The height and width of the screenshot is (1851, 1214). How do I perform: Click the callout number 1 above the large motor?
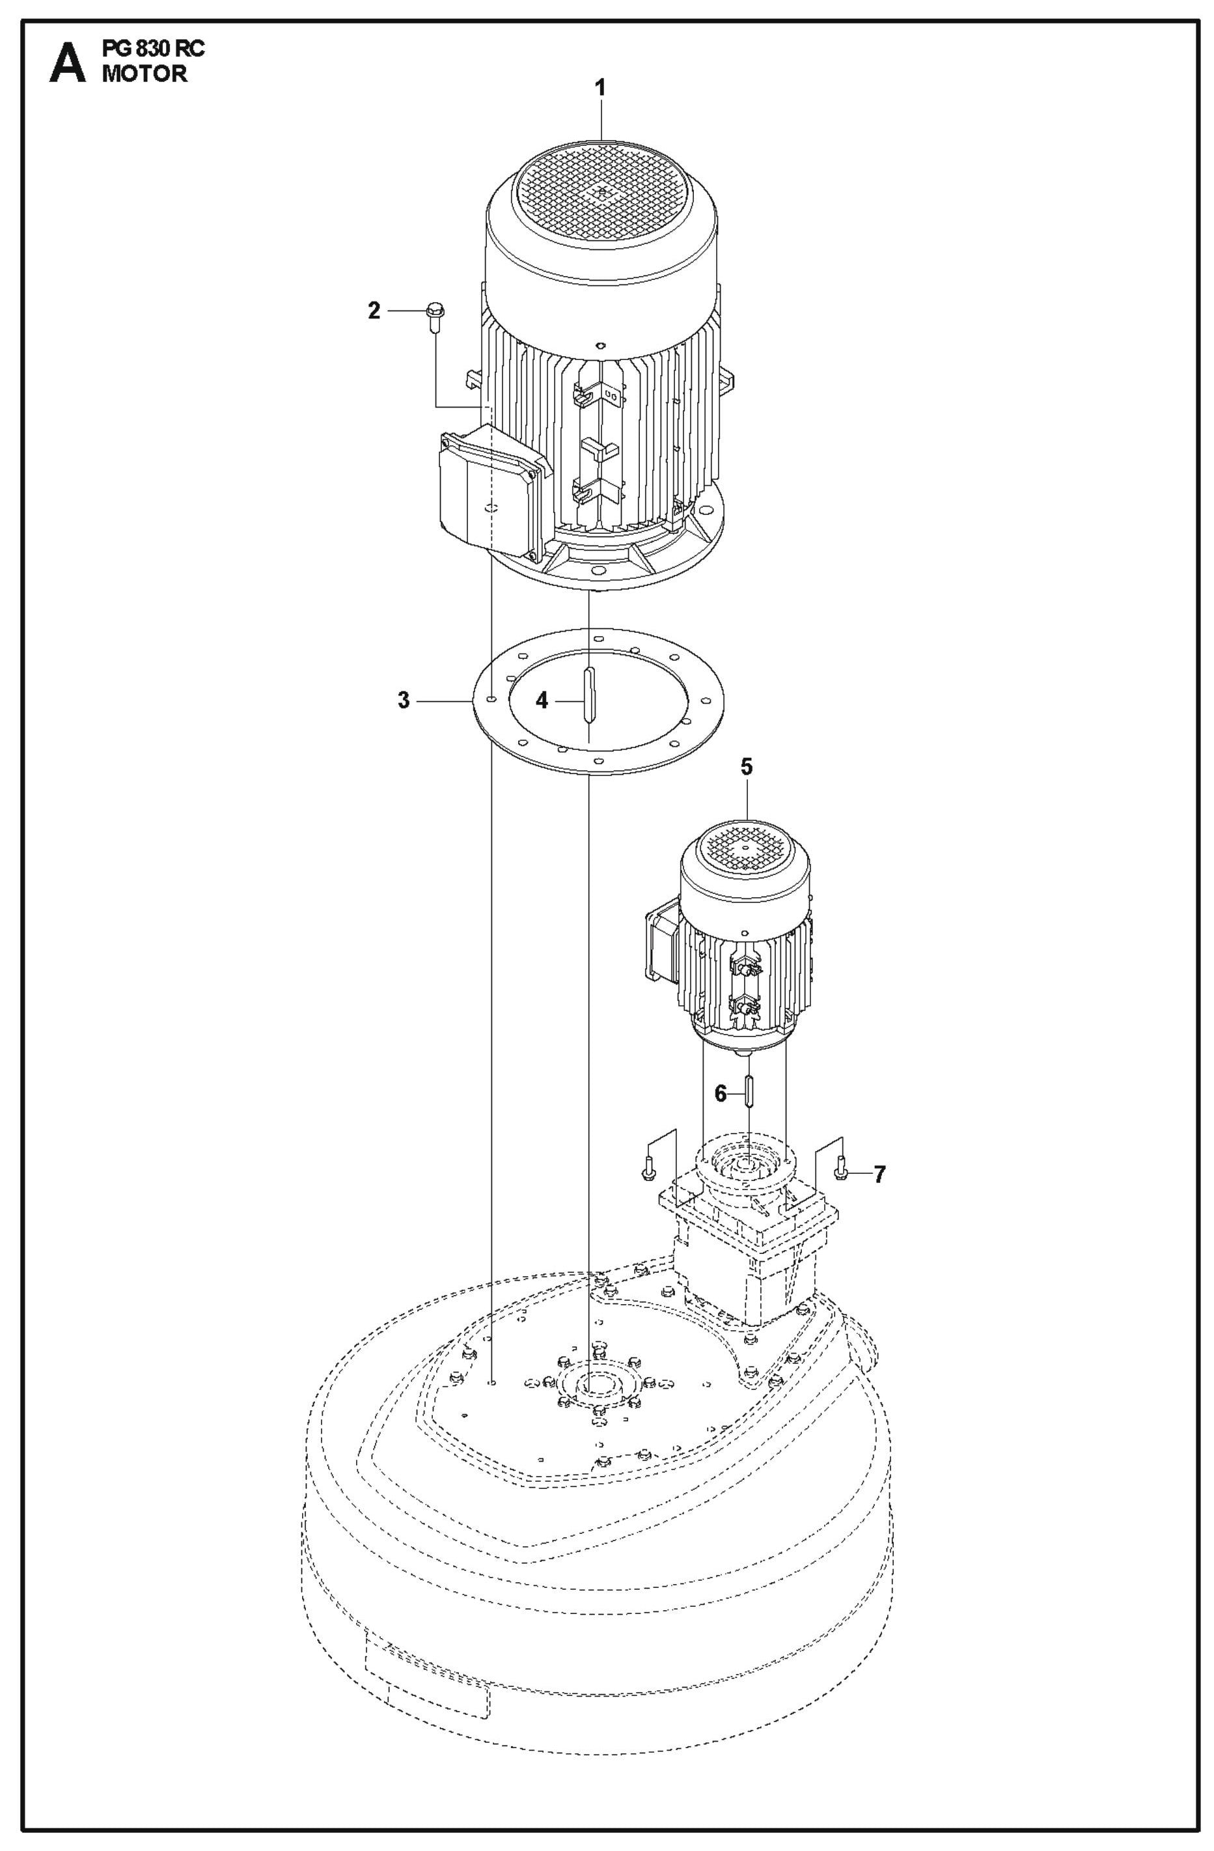(x=600, y=87)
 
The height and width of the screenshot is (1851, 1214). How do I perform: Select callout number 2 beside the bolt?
(x=374, y=311)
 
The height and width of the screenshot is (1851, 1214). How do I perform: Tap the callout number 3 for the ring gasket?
(x=403, y=700)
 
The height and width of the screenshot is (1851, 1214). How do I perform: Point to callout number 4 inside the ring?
(x=542, y=700)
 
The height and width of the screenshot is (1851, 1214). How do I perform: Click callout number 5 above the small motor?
(x=746, y=767)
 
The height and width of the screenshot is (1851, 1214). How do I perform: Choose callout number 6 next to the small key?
(x=720, y=1094)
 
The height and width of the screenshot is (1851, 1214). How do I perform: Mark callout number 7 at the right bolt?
(x=879, y=1174)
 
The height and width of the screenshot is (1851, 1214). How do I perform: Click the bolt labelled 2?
(x=432, y=319)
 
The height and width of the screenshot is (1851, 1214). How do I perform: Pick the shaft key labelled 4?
(x=590, y=694)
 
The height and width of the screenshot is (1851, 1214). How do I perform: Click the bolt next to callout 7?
(x=840, y=1168)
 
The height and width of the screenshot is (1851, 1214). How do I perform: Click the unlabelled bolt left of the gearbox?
(x=647, y=1168)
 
